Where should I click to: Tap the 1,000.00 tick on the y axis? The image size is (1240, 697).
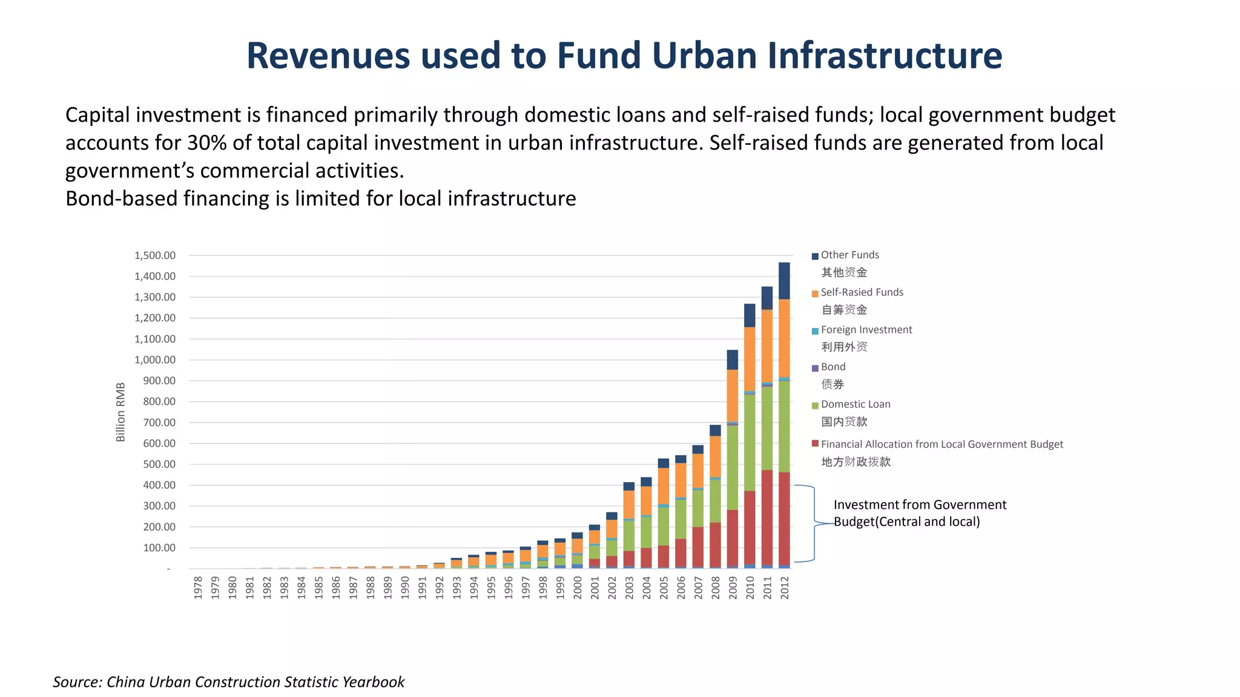(155, 360)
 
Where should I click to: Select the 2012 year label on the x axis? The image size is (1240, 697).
(785, 587)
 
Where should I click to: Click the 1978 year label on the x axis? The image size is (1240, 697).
(198, 587)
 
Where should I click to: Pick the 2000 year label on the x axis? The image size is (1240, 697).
(578, 587)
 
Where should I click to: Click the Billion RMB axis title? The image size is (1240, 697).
(120, 412)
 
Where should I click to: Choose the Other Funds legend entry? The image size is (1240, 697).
(849, 255)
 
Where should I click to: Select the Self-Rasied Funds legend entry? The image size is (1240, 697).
(862, 293)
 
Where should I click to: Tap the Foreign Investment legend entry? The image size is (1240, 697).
(866, 330)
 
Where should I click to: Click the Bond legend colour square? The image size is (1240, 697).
(815, 368)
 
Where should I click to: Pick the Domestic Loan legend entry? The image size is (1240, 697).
(855, 404)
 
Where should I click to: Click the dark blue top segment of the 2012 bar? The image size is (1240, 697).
(784, 281)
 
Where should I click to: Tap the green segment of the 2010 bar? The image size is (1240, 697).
(750, 442)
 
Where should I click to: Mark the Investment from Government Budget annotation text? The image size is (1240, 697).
(919, 513)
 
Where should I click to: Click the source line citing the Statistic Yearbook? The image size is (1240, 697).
(228, 682)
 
